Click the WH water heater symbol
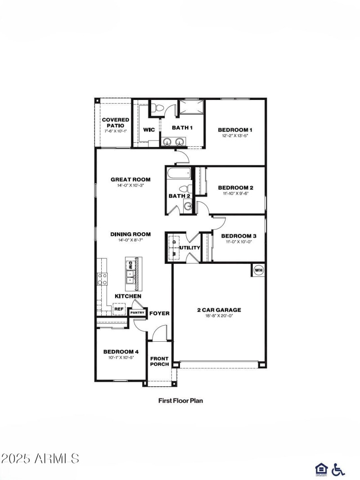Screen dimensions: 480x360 259,270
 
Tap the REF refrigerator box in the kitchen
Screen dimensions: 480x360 119,309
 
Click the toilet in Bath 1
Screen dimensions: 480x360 156,108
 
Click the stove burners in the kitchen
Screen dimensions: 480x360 103,279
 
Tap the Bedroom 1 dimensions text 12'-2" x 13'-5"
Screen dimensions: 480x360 234,136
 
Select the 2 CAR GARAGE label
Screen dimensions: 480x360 219,310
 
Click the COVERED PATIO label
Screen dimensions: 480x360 115,122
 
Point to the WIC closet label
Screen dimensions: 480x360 149,130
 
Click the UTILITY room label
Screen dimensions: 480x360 189,248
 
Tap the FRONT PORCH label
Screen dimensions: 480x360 159,362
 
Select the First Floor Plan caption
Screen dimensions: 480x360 180,400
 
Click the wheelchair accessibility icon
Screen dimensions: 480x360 338,470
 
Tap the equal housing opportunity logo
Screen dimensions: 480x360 321,470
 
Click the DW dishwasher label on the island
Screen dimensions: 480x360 130,265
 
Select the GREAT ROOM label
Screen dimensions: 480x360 130,179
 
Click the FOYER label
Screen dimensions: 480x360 159,313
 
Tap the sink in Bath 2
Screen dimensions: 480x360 188,206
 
